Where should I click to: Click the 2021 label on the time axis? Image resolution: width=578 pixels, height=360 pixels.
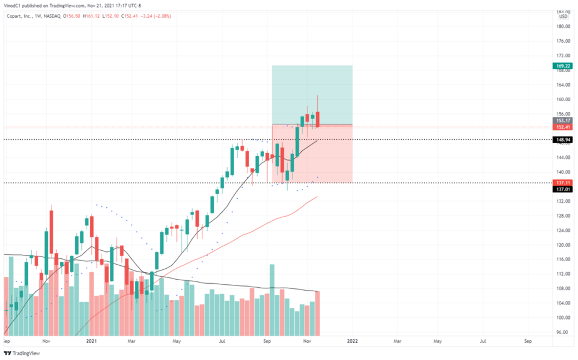coord(90,342)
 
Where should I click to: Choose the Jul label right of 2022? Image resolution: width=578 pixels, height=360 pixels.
coord(483,342)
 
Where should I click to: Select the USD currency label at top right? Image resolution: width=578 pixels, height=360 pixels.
coord(563,17)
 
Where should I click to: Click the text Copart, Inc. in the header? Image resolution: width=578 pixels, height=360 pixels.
coord(20,17)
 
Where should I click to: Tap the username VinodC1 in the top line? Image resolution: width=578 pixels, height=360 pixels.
coord(16,6)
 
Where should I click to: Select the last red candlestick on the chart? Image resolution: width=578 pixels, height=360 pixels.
coord(317,118)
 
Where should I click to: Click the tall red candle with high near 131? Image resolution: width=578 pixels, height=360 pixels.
coord(51,232)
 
